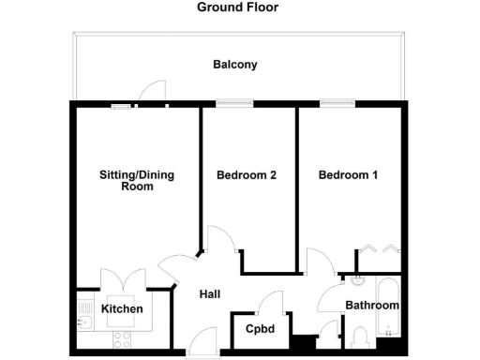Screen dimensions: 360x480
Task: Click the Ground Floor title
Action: (x=237, y=7)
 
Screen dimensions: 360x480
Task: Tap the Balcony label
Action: (x=234, y=66)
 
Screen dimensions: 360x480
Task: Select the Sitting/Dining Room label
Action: (x=137, y=180)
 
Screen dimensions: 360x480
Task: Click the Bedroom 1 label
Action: (x=349, y=175)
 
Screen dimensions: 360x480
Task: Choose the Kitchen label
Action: (x=122, y=309)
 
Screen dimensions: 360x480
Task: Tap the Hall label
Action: (x=210, y=294)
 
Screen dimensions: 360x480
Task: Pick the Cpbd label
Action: (x=260, y=329)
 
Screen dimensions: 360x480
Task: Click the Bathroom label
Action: (x=372, y=306)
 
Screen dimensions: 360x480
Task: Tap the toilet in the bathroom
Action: (x=362, y=338)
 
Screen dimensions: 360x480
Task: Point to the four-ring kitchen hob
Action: (x=122, y=338)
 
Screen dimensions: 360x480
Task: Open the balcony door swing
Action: (x=148, y=92)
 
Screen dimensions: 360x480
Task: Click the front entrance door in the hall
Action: (x=200, y=342)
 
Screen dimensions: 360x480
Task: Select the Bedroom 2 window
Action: (x=228, y=103)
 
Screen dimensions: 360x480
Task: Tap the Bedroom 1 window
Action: (x=332, y=103)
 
